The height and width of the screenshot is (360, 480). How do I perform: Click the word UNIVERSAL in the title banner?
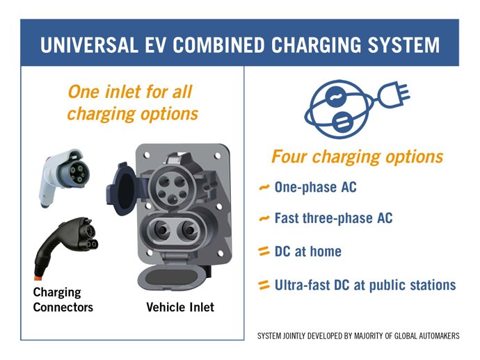[89, 44]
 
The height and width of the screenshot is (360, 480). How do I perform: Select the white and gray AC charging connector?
[63, 178]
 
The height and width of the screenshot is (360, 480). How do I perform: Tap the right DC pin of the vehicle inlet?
[188, 230]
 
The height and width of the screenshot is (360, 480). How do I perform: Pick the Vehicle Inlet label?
[180, 307]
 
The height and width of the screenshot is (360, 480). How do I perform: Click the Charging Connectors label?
[63, 300]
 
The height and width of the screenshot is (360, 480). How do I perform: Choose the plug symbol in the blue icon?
[394, 95]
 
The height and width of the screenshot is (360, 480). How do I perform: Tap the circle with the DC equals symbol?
[342, 122]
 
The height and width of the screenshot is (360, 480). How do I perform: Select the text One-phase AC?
[316, 187]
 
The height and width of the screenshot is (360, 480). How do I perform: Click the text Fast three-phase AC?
[333, 218]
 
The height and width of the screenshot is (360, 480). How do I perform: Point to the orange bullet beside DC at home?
[264, 252]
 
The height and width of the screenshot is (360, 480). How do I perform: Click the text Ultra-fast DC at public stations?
[365, 285]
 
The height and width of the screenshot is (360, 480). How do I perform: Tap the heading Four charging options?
[358, 157]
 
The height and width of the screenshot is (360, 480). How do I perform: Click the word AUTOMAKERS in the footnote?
[442, 336]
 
